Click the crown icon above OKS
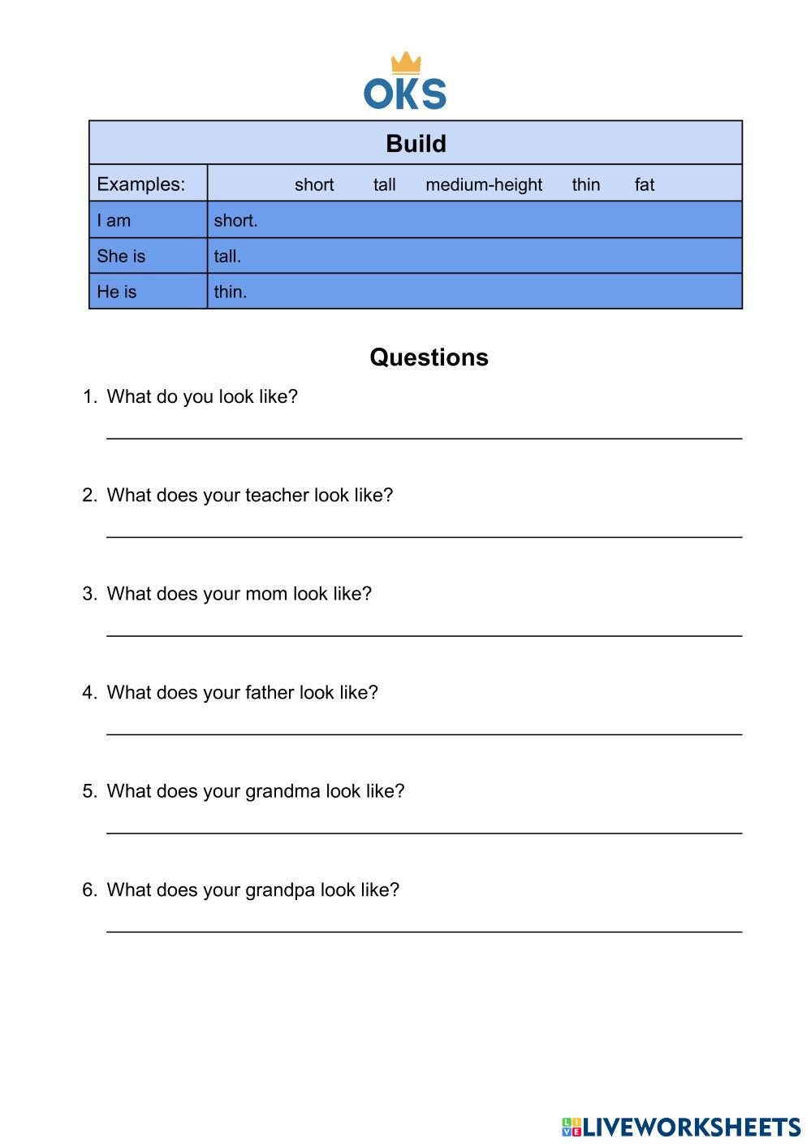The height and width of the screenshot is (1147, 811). (x=406, y=63)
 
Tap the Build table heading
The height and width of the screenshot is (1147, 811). (x=416, y=144)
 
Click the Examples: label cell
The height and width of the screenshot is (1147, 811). (x=141, y=184)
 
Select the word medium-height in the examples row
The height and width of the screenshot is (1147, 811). (x=483, y=185)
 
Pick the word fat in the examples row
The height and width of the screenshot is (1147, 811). (x=644, y=185)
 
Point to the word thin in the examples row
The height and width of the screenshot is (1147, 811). (x=585, y=185)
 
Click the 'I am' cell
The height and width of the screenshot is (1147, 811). (x=114, y=220)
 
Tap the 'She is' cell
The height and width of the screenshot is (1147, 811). (x=121, y=256)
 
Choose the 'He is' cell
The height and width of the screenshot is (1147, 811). (x=117, y=292)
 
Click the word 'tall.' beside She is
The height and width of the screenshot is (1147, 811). (x=227, y=257)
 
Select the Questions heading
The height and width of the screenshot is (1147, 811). (x=429, y=357)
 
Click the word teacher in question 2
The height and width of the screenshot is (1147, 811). (x=277, y=496)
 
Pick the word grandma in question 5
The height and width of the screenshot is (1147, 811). (x=282, y=791)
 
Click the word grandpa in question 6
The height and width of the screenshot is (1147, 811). (x=279, y=890)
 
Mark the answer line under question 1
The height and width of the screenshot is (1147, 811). (x=424, y=437)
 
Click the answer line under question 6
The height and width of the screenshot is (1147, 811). (x=424, y=931)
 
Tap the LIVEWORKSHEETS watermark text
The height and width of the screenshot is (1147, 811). (x=691, y=1127)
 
